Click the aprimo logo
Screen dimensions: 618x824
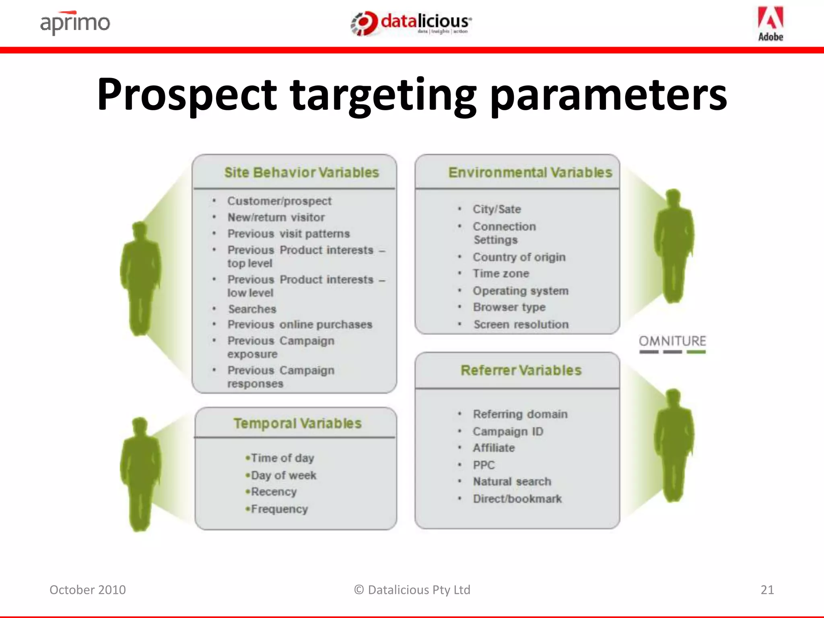(x=75, y=23)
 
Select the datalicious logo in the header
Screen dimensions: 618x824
(x=411, y=23)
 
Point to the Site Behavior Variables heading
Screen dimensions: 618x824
(x=301, y=173)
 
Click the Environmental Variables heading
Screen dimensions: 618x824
(x=530, y=173)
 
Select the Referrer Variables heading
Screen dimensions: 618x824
(x=521, y=370)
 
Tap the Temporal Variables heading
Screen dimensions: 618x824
(x=297, y=423)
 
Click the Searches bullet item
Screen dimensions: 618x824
(x=252, y=309)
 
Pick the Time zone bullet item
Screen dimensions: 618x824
(x=501, y=274)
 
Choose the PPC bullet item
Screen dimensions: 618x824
(x=484, y=465)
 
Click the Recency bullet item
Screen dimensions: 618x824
(x=274, y=492)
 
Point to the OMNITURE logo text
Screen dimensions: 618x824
(x=672, y=341)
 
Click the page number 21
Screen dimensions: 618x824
(x=767, y=590)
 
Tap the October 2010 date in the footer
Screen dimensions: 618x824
(x=88, y=590)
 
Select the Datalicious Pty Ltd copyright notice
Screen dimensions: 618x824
(x=412, y=590)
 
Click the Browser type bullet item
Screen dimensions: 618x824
(x=509, y=307)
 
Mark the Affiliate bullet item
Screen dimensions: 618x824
(x=494, y=448)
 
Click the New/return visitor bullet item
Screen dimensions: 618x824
(x=276, y=217)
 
